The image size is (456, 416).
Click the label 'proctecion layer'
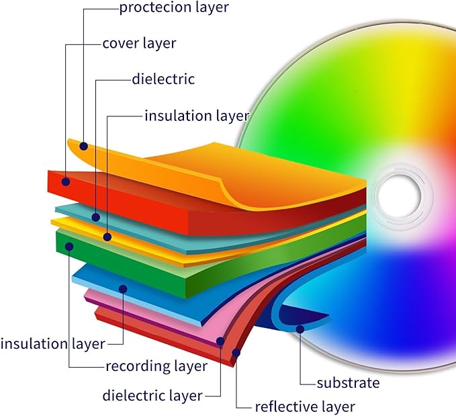coord(174,7)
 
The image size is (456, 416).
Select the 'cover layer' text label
coord(139,44)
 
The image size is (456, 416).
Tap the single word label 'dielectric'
coord(163,79)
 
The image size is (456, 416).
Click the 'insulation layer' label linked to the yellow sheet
coord(197,116)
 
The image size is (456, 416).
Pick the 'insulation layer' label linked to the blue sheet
coord(52,344)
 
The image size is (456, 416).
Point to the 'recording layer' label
coord(156,366)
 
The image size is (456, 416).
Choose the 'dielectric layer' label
coord(152,396)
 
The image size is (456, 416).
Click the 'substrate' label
coord(348,383)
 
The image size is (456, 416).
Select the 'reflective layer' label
coord(305,407)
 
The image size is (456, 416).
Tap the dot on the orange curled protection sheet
coord(84,146)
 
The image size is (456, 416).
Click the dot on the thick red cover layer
coord(66,181)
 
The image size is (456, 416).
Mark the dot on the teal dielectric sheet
coord(95,217)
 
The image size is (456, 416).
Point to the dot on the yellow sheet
coord(107,237)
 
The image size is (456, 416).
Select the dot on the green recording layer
coord(69,247)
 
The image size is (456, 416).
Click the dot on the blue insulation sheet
coord(123,289)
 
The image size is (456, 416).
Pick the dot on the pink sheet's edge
coord(220,341)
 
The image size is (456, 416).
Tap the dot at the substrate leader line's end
coord(300,329)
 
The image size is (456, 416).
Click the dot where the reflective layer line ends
coord(236,353)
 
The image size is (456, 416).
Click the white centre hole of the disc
coord(400,196)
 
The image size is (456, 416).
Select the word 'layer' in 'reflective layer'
coord(337,407)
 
